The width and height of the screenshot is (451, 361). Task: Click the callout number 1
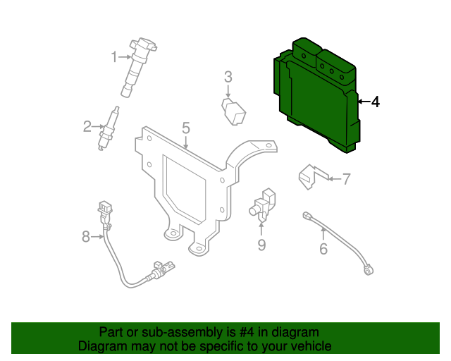113,56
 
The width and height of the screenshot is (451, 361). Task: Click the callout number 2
87,127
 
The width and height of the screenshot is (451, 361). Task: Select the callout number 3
228,77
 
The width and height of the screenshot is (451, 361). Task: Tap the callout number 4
375,102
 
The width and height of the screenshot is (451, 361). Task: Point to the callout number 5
186,128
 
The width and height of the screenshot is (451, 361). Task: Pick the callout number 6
323,249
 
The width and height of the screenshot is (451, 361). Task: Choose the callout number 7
346,179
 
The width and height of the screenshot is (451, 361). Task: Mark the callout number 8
86,237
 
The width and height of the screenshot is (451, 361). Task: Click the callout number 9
261,245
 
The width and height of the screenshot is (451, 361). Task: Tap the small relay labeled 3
234,111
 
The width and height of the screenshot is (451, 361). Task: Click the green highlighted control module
317,95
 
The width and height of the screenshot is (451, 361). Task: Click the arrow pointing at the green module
363,102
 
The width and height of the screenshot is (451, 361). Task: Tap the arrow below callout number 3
228,92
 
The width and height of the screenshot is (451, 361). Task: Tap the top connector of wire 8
105,209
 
